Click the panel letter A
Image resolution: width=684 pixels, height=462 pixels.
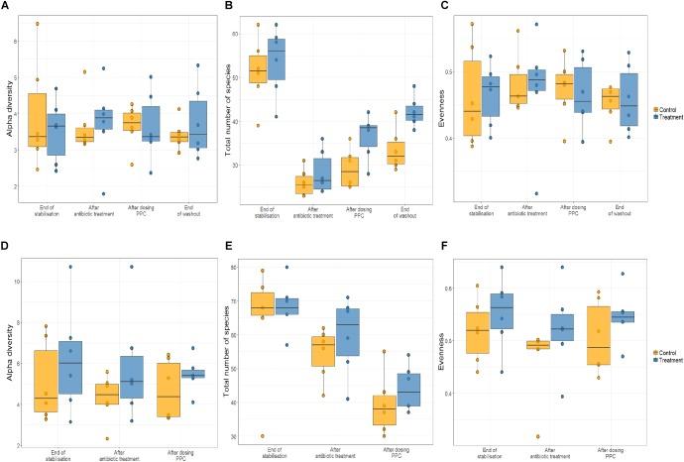tap(6, 6)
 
